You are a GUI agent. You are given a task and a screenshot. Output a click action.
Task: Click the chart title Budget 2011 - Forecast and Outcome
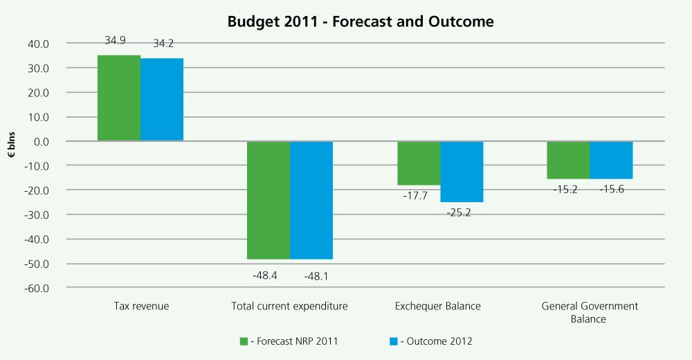(x=361, y=21)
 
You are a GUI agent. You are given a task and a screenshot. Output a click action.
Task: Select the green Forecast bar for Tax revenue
(x=119, y=98)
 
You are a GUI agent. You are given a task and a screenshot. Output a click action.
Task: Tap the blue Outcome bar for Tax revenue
(x=162, y=100)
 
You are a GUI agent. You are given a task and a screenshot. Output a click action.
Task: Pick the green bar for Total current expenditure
(x=268, y=200)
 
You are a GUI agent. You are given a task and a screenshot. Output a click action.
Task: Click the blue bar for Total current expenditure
(x=311, y=200)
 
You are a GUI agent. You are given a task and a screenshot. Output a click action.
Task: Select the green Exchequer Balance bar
(x=419, y=163)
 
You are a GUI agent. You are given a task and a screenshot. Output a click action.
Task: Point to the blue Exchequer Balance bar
(x=462, y=172)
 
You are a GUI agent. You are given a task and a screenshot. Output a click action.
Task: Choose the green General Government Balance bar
(x=568, y=160)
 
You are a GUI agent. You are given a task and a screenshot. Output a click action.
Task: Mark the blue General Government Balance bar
(x=611, y=160)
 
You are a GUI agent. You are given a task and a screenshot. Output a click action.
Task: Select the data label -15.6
(x=610, y=189)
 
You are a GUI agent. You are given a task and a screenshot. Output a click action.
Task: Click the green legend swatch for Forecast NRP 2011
(x=244, y=341)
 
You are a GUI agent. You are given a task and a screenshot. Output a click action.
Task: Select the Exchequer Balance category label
(x=437, y=306)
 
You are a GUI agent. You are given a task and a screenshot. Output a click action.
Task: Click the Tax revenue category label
(x=140, y=306)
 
